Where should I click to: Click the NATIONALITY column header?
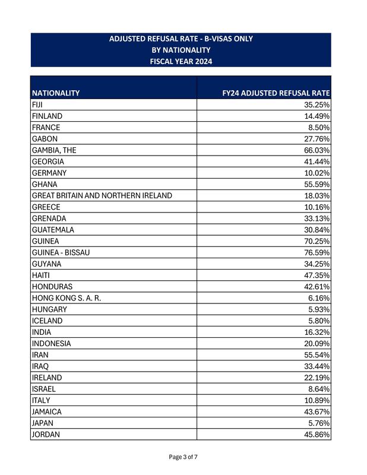pyautogui.click(x=56, y=93)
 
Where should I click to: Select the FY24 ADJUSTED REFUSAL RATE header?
pyautogui.click(x=276, y=93)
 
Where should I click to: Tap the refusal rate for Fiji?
pyautogui.click(x=317, y=104)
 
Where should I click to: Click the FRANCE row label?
pyautogui.click(x=46, y=128)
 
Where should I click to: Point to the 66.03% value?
pyautogui.click(x=317, y=150)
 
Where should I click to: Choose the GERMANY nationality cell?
pyautogui.click(x=49, y=173)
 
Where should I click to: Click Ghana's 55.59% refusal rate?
pyautogui.click(x=317, y=184)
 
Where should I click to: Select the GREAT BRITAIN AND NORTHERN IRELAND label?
pyautogui.click(x=102, y=195)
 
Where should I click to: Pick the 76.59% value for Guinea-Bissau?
pyautogui.click(x=317, y=252)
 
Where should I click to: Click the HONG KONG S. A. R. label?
pyautogui.click(x=67, y=298)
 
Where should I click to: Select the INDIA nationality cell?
pyautogui.click(x=42, y=332)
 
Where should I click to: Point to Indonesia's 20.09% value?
pyautogui.click(x=317, y=343)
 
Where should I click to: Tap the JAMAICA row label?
pyautogui.click(x=47, y=411)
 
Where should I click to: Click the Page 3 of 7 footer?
pyautogui.click(x=183, y=457)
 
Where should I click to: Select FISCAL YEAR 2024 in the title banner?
pyautogui.click(x=181, y=61)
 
